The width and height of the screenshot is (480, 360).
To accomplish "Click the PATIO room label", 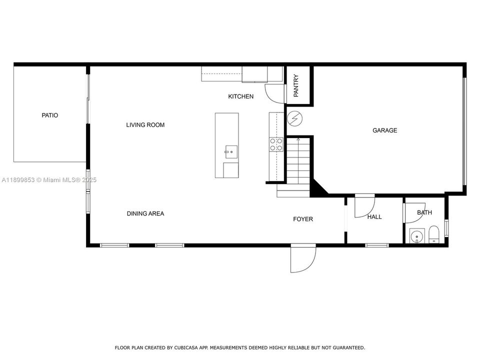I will pos(49,115).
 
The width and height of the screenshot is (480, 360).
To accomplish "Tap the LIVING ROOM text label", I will pos(145,125).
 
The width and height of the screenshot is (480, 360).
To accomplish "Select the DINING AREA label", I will pos(145,213).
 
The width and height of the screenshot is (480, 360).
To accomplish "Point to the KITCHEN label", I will pos(240,96).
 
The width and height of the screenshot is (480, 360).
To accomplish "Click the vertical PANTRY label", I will pos(296,85).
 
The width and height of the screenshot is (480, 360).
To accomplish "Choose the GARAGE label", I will pos(384,130).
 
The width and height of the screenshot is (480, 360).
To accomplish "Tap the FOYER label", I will pos(302,219).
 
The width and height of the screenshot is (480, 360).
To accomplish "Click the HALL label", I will pos(374,217).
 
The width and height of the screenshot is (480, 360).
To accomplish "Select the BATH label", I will pos(424,212).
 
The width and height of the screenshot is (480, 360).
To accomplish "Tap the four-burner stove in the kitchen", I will pos(276,144).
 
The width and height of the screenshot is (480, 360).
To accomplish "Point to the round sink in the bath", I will pos(416,235).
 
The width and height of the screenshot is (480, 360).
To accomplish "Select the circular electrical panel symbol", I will pos(294,118).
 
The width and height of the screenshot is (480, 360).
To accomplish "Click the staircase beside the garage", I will pos(297,161).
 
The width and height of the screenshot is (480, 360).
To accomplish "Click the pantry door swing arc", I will pos(274,91).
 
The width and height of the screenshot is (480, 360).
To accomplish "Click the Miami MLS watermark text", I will pos(49,180).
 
